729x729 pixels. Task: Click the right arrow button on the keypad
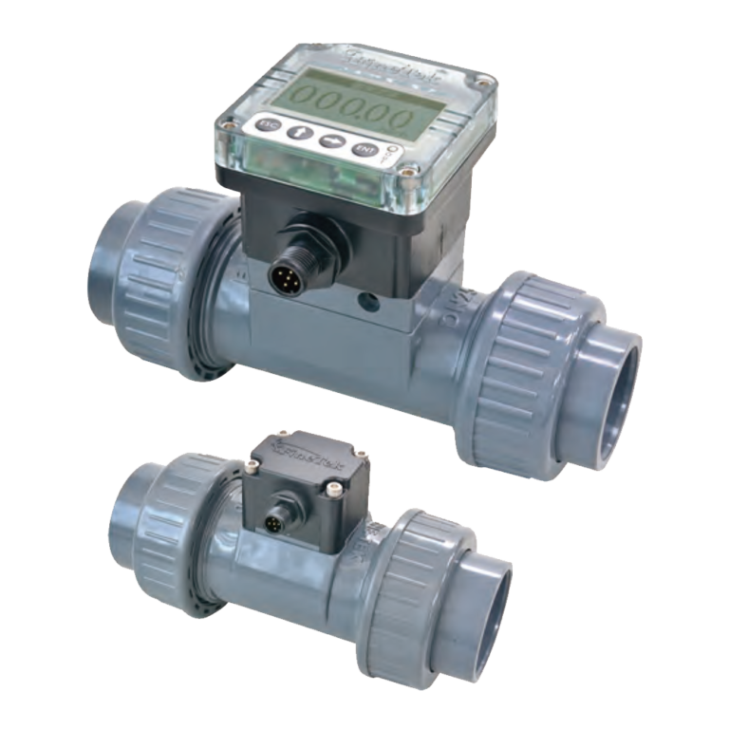pyautogui.click(x=330, y=140)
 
